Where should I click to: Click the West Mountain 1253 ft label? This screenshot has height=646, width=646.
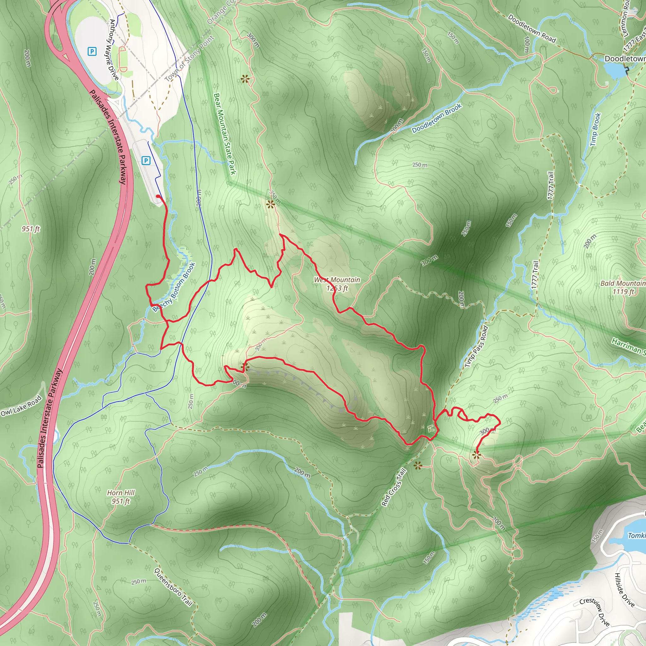point(337,284)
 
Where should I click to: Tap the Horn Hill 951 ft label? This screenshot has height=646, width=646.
point(121,497)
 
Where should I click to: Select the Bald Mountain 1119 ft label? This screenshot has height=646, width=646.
point(623,287)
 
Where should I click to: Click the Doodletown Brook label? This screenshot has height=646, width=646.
point(437,118)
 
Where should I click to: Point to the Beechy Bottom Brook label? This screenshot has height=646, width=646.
point(174,287)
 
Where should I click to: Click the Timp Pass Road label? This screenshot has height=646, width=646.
point(477,347)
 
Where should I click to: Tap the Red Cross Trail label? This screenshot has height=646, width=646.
point(394,487)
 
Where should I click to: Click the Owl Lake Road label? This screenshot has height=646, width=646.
point(21,406)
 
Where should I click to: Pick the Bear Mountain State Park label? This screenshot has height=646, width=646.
point(225,134)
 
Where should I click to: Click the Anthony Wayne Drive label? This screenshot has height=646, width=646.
point(114,50)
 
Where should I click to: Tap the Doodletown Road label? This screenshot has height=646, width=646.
point(531,29)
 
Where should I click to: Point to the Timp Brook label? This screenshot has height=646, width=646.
point(596,129)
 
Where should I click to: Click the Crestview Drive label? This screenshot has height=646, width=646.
point(595,612)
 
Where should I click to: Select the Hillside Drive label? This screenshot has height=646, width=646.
point(624,590)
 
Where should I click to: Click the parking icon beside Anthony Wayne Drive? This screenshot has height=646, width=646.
point(92,51)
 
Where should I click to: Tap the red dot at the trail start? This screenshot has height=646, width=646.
point(158,196)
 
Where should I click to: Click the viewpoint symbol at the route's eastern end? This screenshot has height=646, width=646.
point(476,455)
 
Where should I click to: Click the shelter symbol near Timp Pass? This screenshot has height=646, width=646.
point(431,428)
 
